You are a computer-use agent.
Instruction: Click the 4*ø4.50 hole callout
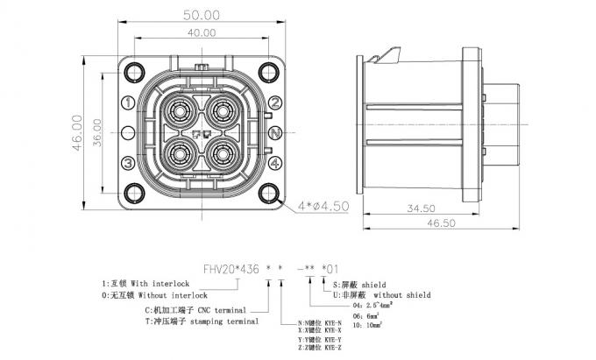pyautogui.click(x=324, y=207)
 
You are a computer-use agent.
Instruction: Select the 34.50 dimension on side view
pyautogui.click(x=423, y=208)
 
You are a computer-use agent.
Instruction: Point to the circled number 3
pyautogui.click(x=128, y=163)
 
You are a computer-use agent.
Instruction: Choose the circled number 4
pyautogui.click(x=274, y=163)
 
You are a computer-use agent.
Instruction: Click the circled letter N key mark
pyautogui.click(x=274, y=133)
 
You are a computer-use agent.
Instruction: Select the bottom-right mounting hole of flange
pyautogui.click(x=267, y=194)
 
